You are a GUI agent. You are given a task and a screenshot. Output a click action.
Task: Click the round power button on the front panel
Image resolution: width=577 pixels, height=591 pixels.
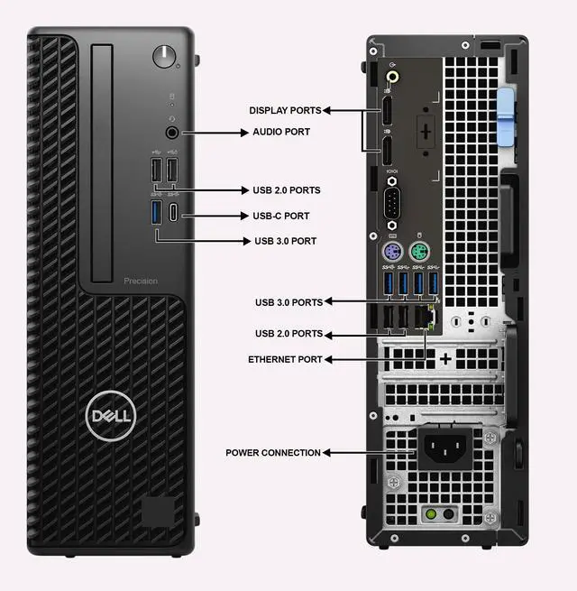click(164, 55)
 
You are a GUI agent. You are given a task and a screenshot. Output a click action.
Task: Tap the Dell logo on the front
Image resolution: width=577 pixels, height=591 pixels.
click(110, 416)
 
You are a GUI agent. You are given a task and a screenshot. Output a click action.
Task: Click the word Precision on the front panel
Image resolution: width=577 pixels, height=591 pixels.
click(141, 281)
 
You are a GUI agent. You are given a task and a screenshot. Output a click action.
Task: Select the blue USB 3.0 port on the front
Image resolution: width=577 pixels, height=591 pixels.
click(156, 214)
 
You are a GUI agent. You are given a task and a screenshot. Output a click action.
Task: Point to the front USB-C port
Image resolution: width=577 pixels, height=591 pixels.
click(174, 215)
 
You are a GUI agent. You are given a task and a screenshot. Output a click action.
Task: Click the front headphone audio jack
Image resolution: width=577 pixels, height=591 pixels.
click(172, 132)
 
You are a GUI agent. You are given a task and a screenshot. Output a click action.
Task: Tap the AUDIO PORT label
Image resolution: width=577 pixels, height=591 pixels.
click(280, 132)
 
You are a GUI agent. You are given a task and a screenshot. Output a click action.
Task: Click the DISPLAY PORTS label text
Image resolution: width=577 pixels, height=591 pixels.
click(285, 110)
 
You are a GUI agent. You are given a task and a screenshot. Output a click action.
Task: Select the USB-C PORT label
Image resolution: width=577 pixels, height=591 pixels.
click(280, 216)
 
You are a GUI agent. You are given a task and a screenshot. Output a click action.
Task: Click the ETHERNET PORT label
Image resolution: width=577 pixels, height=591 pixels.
click(285, 359)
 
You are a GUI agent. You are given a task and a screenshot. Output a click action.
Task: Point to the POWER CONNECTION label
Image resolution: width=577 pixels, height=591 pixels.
click(273, 452)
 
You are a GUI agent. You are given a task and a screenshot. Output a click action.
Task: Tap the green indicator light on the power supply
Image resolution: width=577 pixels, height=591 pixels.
click(431, 514)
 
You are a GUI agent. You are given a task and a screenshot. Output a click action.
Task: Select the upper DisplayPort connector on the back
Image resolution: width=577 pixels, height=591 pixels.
click(386, 112)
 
